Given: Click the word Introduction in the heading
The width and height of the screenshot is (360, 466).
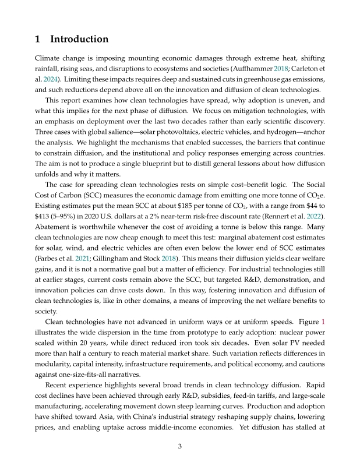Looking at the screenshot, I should [x=80, y=40].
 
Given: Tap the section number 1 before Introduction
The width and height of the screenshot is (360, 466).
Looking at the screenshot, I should [x=38, y=40].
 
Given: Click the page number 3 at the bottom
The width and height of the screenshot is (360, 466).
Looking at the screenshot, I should [x=180, y=447].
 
